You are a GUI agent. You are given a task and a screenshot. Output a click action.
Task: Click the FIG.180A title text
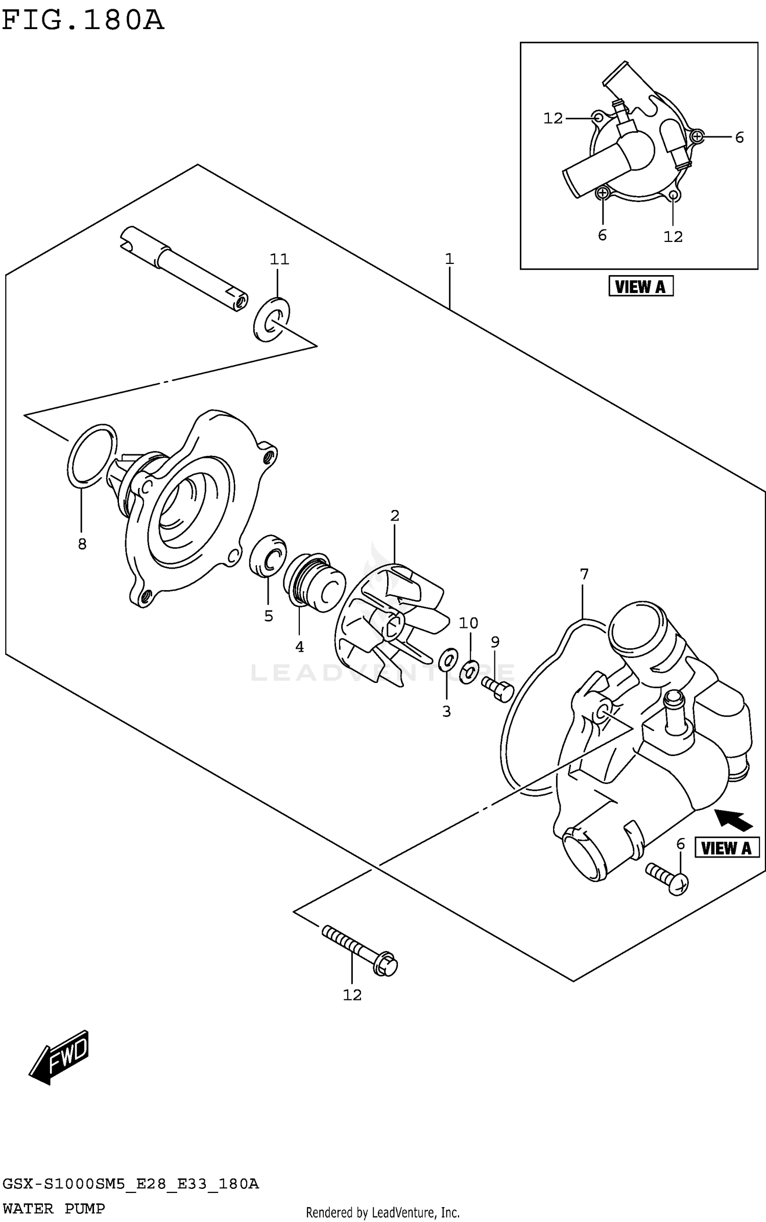coord(83,20)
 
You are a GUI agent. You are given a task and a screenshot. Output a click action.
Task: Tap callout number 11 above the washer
coord(279,259)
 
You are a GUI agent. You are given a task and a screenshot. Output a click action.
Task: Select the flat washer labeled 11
coord(271,320)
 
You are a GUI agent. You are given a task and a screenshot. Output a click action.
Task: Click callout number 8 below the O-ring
coord(82,544)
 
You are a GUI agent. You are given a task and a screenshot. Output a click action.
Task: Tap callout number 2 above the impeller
coord(395,516)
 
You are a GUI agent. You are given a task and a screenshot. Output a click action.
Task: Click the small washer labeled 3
coord(448,659)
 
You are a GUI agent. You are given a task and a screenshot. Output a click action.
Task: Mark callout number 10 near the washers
coord(468,623)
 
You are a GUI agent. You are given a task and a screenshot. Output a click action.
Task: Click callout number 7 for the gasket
coord(584,574)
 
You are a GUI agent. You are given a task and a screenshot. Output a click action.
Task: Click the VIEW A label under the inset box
coord(640,286)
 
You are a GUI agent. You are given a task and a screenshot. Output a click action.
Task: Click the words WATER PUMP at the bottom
coord(54,1208)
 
